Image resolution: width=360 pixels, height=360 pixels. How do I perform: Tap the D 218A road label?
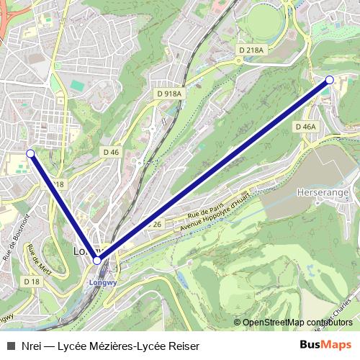click(251, 50)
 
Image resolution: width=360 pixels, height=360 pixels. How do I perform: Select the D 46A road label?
click(305, 127)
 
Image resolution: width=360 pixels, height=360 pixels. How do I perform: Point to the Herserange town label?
click(323, 194)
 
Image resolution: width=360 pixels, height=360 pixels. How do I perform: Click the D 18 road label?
click(31, 282)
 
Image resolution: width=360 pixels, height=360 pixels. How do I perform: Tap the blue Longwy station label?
click(97, 283)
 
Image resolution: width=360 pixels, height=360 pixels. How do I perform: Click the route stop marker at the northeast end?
click(329, 80)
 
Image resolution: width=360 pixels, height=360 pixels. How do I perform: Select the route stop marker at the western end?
click(30, 153)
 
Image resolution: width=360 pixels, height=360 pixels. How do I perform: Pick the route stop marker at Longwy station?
click(97, 261)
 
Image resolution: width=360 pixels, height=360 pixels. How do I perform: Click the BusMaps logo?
click(326, 345)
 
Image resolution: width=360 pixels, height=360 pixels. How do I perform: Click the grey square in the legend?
click(10, 345)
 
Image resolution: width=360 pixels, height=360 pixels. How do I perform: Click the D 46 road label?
click(110, 152)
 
